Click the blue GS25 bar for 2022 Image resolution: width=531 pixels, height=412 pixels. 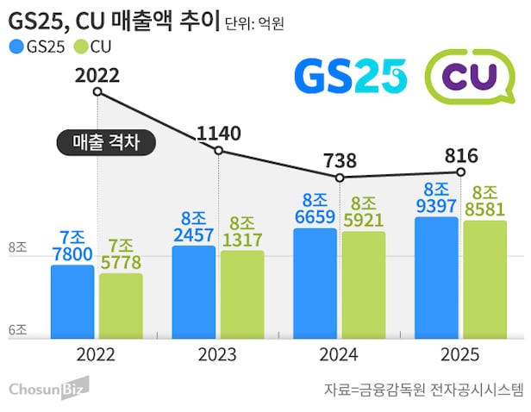[72, 302]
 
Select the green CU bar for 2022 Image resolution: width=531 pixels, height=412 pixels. [121, 306]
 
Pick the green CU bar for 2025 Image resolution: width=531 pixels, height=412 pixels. [484, 279]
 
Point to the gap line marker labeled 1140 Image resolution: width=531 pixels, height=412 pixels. [219, 151]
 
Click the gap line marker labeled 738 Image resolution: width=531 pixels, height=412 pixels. [340, 178]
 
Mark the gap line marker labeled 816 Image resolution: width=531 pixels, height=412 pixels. [461, 172]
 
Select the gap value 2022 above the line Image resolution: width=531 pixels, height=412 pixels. [97, 75]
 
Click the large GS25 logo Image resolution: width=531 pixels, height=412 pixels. [350, 76]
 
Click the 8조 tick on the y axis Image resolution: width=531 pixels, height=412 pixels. [18, 248]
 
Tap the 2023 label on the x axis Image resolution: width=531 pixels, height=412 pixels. [218, 354]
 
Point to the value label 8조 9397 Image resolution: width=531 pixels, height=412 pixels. [435, 197]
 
